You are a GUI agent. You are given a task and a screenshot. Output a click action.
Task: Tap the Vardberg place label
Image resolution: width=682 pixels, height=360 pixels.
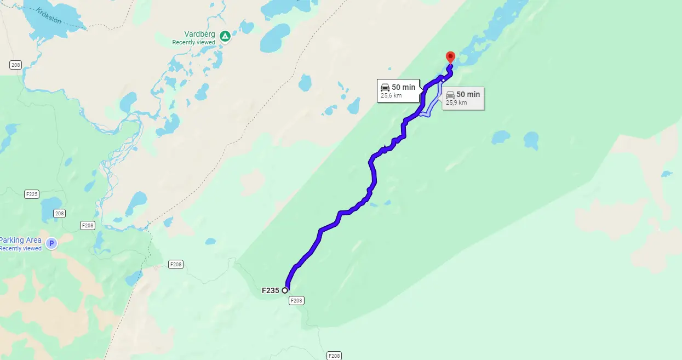pyautogui.click(x=199, y=34)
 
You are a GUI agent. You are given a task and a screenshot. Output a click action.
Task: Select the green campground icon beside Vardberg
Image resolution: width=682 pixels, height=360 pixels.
pyautogui.click(x=225, y=37)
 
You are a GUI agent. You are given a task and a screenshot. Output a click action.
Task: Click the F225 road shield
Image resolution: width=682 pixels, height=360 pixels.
pyautogui.click(x=32, y=194)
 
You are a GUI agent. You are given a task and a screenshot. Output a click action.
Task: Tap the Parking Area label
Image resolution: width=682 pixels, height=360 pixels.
pyautogui.click(x=21, y=240)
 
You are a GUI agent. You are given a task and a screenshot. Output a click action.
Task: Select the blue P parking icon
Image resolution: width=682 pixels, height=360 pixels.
pyautogui.click(x=51, y=243)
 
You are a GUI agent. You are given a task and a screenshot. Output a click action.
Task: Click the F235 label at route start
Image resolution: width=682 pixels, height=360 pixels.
pyautogui.click(x=271, y=290)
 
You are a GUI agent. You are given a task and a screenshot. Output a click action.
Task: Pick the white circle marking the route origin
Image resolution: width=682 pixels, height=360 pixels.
pyautogui.click(x=285, y=290)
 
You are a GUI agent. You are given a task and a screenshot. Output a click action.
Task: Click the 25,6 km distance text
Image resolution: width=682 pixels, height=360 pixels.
pyautogui.click(x=391, y=96)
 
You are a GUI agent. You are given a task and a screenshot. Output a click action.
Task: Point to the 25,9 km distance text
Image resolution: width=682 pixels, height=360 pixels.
pyautogui.click(x=456, y=102)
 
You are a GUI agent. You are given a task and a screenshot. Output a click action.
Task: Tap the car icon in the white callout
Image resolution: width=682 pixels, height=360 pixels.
pyautogui.click(x=385, y=88)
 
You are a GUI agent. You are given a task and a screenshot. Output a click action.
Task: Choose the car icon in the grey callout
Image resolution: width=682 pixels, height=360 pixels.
pyautogui.click(x=450, y=95)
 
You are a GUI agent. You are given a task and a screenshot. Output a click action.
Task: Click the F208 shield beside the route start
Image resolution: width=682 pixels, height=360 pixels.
pyautogui.click(x=296, y=300)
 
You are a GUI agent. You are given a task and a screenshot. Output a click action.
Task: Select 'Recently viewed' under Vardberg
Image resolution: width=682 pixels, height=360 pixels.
pyautogui.click(x=193, y=42)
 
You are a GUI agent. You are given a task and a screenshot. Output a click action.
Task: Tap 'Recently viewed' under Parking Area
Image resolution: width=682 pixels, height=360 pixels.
pyautogui.click(x=21, y=248)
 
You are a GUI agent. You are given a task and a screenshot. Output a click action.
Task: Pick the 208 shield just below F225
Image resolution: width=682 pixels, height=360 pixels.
pyautogui.click(x=59, y=213)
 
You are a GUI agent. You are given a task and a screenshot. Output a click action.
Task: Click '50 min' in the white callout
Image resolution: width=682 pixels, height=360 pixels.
pyautogui.click(x=404, y=88)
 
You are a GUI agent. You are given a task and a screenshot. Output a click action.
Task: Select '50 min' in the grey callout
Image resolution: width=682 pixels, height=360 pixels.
pyautogui.click(x=468, y=94)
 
